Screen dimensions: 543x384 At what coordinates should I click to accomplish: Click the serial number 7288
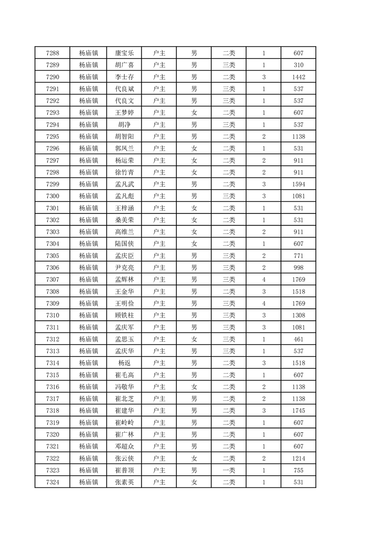52,53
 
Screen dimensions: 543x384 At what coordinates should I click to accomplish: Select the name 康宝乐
124,53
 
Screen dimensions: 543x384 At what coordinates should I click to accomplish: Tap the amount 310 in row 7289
298,65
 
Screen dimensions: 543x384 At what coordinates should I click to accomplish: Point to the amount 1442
298,77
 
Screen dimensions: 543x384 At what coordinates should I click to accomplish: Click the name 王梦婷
124,113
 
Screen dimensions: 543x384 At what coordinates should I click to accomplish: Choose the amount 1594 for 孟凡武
298,184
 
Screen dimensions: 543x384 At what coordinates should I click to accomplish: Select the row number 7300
52,196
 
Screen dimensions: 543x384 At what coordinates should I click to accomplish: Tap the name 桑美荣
124,220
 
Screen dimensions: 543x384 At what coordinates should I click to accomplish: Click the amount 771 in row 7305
298,256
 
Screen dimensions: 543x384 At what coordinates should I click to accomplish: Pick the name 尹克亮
124,268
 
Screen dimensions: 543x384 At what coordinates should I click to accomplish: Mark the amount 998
298,268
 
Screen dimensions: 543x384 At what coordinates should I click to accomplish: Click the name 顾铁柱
124,316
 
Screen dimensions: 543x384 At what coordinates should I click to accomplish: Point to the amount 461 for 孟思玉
298,339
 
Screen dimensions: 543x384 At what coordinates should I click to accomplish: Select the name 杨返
124,363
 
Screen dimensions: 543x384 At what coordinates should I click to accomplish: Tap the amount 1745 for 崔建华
298,410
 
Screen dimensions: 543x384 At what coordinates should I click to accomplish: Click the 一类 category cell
229,470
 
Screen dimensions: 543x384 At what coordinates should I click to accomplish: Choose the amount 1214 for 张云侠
298,458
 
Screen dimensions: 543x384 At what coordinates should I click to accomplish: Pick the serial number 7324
52,482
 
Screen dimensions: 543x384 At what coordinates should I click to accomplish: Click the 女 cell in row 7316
194,387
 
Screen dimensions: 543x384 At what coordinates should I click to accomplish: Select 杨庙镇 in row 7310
89,316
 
